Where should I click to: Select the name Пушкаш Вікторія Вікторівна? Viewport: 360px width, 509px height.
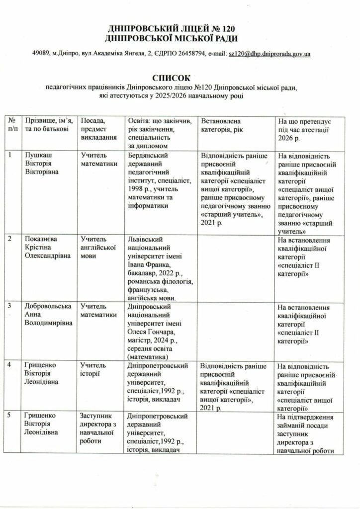[42, 163]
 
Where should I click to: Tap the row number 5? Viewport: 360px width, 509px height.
[10, 415]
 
